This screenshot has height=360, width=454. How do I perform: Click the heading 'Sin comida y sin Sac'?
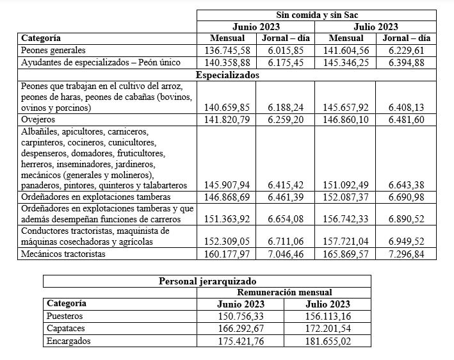pos(316,15)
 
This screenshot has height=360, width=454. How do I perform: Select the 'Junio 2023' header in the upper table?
pos(256,27)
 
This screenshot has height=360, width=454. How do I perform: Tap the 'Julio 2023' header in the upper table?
pos(376,27)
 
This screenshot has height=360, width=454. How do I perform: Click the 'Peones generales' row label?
pos(53,50)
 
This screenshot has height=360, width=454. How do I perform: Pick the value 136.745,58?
pos(227,50)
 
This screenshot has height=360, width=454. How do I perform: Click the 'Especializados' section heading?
pos(227,75)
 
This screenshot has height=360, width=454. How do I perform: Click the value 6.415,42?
pos(286,185)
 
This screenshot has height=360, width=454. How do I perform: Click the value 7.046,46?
pos(286,254)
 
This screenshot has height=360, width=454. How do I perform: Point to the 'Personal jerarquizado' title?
pos(207,281)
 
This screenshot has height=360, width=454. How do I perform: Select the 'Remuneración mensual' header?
pos(284,292)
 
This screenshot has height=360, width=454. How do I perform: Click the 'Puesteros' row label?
pos(65,316)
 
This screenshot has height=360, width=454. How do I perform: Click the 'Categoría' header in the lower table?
pos(67,304)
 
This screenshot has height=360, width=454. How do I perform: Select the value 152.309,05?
pos(227,242)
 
